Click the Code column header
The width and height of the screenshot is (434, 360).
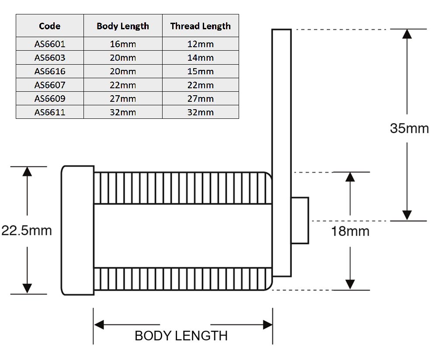(49, 26)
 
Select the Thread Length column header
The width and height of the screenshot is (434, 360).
(201, 26)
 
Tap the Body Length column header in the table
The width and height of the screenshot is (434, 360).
(123, 26)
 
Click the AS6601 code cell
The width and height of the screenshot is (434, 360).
(50, 44)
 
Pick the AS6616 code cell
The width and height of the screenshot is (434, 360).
(50, 71)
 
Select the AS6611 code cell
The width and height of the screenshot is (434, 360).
(50, 112)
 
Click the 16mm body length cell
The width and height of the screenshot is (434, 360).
(123, 44)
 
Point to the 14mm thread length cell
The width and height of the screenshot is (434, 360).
(201, 58)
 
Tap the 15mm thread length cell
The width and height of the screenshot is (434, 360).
(201, 71)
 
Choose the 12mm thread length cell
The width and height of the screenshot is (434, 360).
(201, 44)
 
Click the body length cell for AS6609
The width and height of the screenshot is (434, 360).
(123, 98)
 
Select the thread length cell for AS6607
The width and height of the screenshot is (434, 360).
(201, 85)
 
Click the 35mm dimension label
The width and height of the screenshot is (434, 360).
(409, 128)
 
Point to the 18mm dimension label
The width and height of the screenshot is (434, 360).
(350, 231)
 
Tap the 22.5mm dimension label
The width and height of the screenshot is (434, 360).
(27, 231)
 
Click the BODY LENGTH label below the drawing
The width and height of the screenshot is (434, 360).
(181, 336)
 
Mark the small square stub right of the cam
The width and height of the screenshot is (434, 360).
(300, 221)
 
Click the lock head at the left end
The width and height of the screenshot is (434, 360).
(78, 231)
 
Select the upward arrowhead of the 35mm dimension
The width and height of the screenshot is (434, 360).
(406, 34)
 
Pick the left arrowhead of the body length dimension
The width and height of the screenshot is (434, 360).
(99, 325)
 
